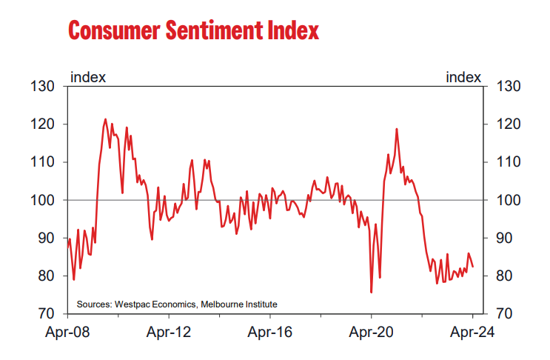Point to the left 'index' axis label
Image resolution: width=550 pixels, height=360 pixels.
click(87, 76)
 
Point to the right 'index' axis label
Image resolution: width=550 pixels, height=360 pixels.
click(463, 76)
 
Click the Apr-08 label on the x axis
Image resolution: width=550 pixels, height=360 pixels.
click(68, 333)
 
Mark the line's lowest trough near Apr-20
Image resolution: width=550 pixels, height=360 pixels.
click(371, 292)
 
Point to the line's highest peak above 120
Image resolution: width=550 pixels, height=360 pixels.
click(105, 119)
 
